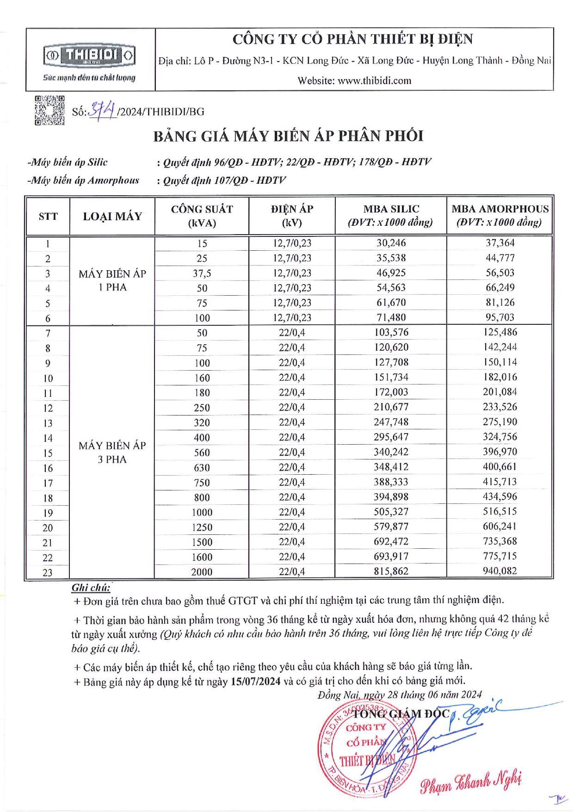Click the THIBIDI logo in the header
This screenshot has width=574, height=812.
89,56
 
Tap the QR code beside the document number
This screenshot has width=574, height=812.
49,111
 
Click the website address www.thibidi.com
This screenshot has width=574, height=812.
374,81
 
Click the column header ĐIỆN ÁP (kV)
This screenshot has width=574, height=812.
292,215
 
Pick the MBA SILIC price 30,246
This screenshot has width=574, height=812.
391,243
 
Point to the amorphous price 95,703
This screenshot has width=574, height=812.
500,317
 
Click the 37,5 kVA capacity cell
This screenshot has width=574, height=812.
202,273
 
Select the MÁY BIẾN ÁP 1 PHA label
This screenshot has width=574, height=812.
112,280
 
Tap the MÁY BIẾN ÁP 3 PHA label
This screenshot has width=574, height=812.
112,452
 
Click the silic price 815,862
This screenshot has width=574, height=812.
391,571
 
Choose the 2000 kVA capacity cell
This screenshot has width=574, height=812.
202,572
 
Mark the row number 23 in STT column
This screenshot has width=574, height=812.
48,572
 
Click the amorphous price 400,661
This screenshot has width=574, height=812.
500,467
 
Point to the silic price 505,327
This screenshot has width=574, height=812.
391,512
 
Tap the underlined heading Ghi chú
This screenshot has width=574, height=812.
91,588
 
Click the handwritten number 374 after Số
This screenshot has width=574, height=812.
102,110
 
